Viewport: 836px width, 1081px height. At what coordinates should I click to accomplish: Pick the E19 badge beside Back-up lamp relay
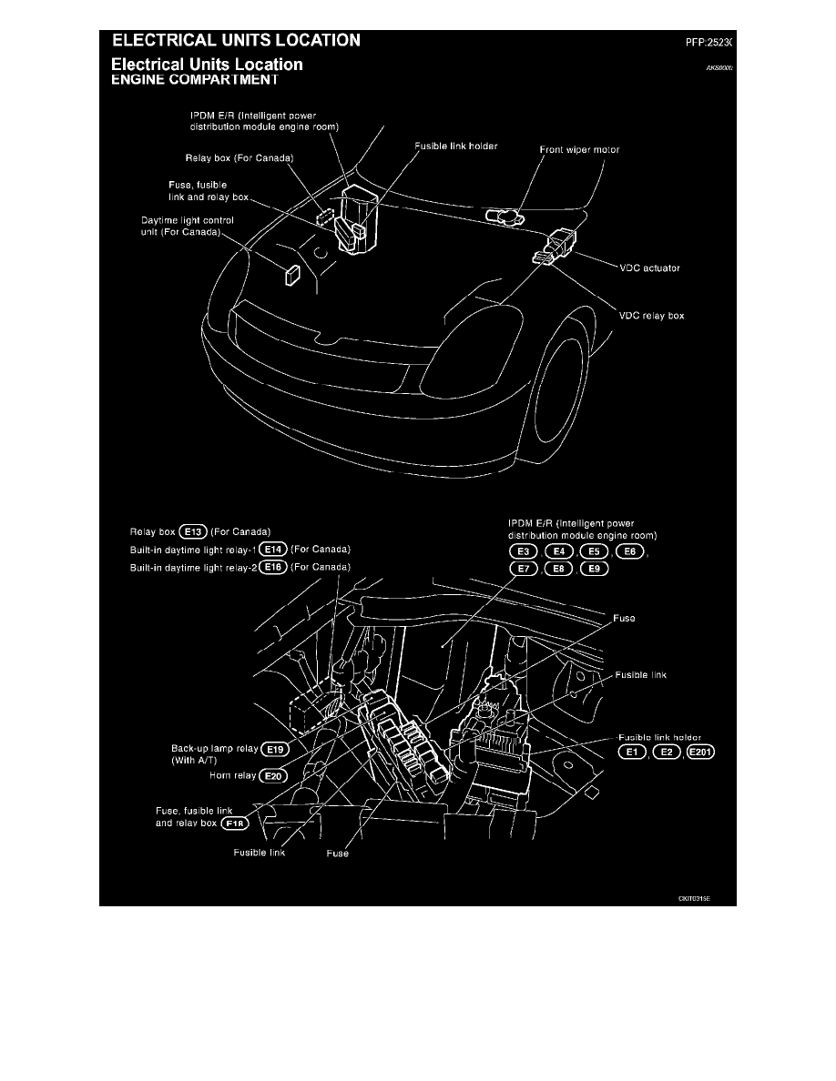click(x=274, y=751)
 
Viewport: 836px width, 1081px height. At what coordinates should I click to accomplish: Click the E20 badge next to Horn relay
click(x=272, y=776)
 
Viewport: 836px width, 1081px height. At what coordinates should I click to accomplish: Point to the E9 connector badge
click(x=593, y=570)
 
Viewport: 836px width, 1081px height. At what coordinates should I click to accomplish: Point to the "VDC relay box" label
click(x=651, y=316)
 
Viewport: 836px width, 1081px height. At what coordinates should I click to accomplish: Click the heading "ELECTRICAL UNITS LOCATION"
click(x=236, y=40)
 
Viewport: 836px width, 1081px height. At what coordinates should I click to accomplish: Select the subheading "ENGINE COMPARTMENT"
click(x=194, y=79)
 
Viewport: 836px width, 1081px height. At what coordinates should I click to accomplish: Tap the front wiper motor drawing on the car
click(x=505, y=216)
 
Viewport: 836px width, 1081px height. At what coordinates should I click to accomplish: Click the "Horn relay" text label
click(x=232, y=776)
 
